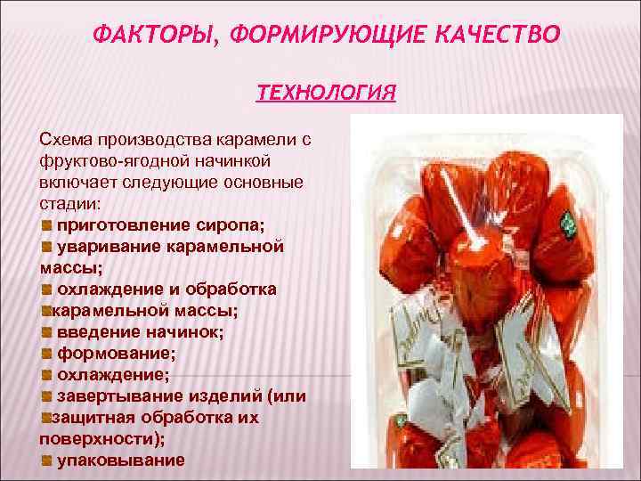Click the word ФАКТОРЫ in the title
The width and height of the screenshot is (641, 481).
(x=157, y=35)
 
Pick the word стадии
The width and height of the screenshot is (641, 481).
(x=69, y=203)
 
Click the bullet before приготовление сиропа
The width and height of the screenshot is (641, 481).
(x=47, y=224)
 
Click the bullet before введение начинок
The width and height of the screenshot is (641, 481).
(x=47, y=331)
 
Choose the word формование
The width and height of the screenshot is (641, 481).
(x=115, y=353)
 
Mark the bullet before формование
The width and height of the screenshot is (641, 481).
(x=47, y=353)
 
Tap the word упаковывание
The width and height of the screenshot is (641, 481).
(x=121, y=460)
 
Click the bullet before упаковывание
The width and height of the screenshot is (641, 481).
(x=47, y=460)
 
